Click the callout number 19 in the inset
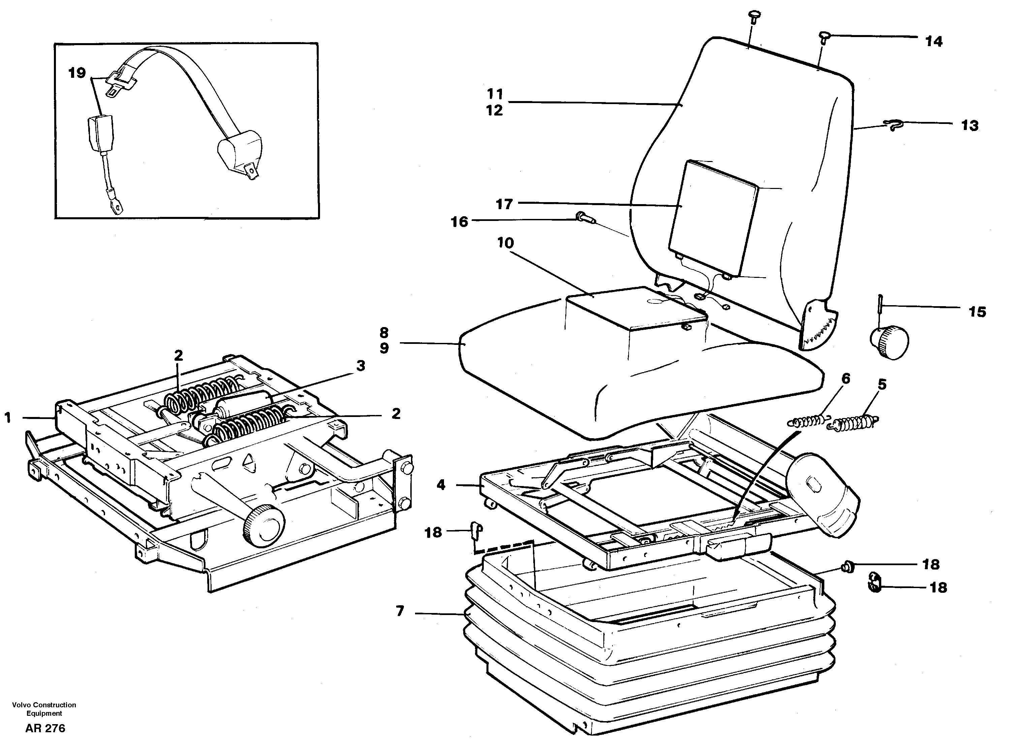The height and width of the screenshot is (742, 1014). pyautogui.click(x=77, y=73)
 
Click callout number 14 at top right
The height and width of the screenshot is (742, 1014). pyautogui.click(x=933, y=41)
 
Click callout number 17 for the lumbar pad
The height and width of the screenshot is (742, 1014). pyautogui.click(x=504, y=204)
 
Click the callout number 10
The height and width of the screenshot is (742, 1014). pyautogui.click(x=505, y=243)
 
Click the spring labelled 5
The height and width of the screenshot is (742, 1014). pyautogui.click(x=854, y=423)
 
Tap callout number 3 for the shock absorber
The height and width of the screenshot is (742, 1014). pyautogui.click(x=361, y=366)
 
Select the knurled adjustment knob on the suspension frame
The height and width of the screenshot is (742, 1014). pyautogui.click(x=264, y=525)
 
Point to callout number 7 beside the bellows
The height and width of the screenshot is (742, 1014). pyautogui.click(x=400, y=611)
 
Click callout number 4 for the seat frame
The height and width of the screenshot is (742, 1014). pyautogui.click(x=441, y=485)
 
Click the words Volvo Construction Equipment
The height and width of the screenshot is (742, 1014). pyautogui.click(x=44, y=709)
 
